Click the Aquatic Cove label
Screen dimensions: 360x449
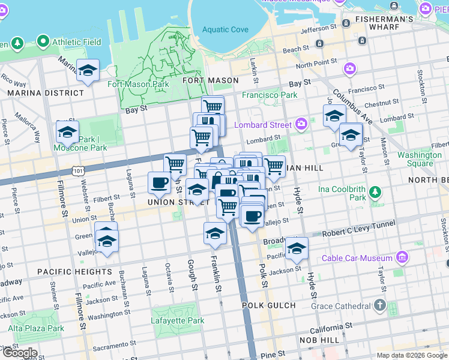click(225, 29)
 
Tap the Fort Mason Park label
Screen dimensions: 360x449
click(138, 84)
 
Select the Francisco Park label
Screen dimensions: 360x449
click(270, 95)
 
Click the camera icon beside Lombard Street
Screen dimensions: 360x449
click(301, 125)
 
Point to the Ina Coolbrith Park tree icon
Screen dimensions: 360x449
click(375, 192)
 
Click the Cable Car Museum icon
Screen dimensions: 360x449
click(402, 258)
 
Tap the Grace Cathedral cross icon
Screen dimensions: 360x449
click(379, 305)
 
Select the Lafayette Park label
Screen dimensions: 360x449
click(178, 320)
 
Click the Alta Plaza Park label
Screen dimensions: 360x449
click(36, 328)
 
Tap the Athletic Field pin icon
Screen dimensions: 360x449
click(43, 42)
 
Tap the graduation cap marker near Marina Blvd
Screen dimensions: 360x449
click(88, 71)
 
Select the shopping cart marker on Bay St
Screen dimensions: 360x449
click(212, 107)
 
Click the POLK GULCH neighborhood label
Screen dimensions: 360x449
click(269, 305)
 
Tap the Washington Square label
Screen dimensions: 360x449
click(420, 159)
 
